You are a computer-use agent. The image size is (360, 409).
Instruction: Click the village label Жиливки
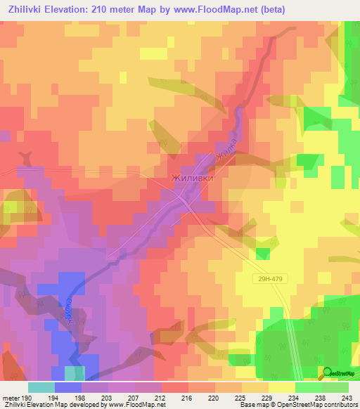click(x=192, y=179)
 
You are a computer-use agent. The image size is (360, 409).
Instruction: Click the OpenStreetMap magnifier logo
click(x=327, y=374)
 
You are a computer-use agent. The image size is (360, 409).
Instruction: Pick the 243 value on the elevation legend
click(x=347, y=397)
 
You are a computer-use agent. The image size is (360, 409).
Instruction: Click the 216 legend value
click(x=186, y=397)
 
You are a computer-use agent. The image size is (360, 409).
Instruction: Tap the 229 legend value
click(x=266, y=397)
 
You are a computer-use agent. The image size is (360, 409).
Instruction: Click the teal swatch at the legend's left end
click(x=41, y=387)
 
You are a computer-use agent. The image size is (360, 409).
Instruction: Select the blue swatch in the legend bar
click(x=68, y=387)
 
